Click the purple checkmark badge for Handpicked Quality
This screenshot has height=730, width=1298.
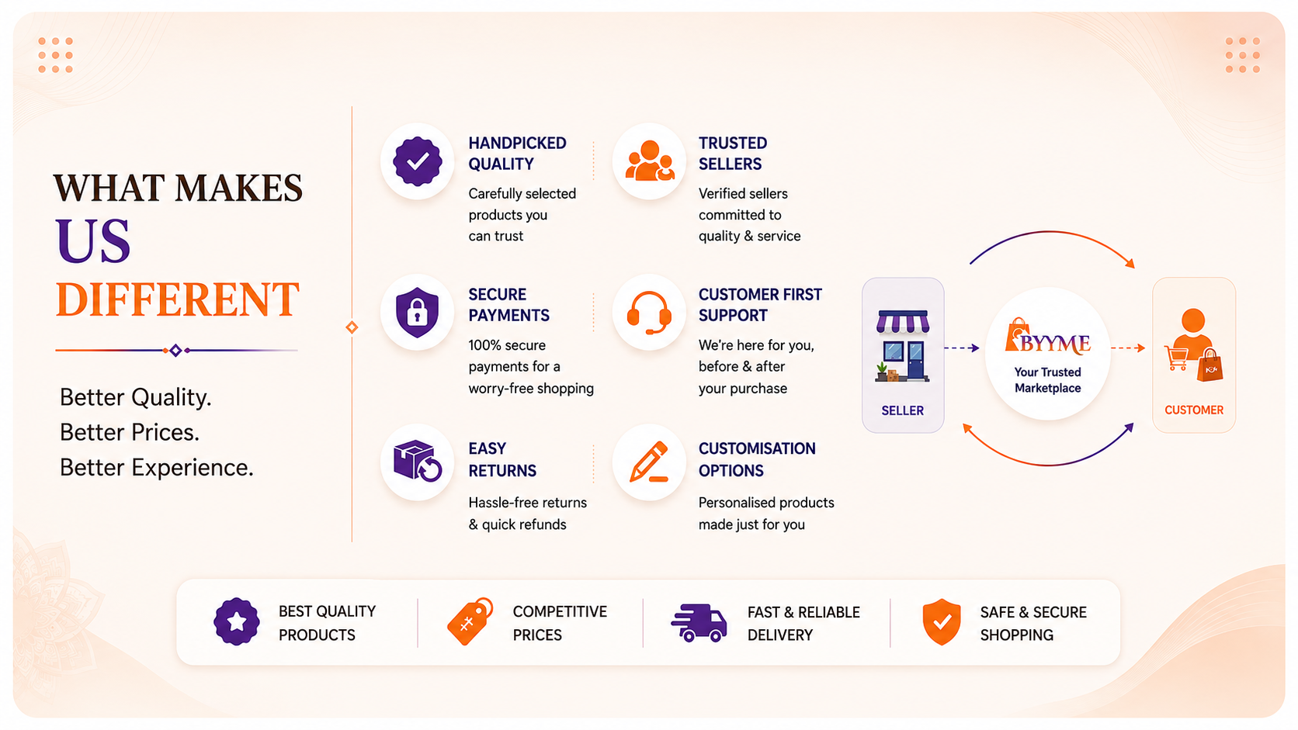click(417, 161)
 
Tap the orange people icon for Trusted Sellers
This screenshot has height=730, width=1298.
click(650, 161)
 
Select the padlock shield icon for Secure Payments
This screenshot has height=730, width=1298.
click(417, 312)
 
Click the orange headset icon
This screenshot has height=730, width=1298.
click(649, 313)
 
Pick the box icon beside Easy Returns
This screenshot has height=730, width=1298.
click(417, 461)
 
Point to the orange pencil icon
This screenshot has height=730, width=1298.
click(649, 462)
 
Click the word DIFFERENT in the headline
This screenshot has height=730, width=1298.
click(177, 299)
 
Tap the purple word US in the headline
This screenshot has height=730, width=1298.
click(92, 240)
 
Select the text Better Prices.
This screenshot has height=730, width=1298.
click(130, 432)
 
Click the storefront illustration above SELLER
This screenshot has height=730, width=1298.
click(902, 346)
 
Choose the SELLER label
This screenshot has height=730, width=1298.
click(902, 410)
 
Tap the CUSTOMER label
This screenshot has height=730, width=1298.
click(1194, 410)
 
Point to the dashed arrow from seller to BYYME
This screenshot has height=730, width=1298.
click(962, 348)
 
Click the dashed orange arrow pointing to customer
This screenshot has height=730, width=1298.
click(1128, 348)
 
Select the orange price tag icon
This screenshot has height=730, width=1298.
click(470, 621)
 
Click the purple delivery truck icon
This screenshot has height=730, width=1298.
click(699, 623)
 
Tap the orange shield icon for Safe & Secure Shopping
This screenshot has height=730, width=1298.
click(942, 621)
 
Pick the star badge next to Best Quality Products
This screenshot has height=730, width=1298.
click(237, 621)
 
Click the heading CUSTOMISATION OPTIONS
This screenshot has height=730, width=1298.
click(757, 460)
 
